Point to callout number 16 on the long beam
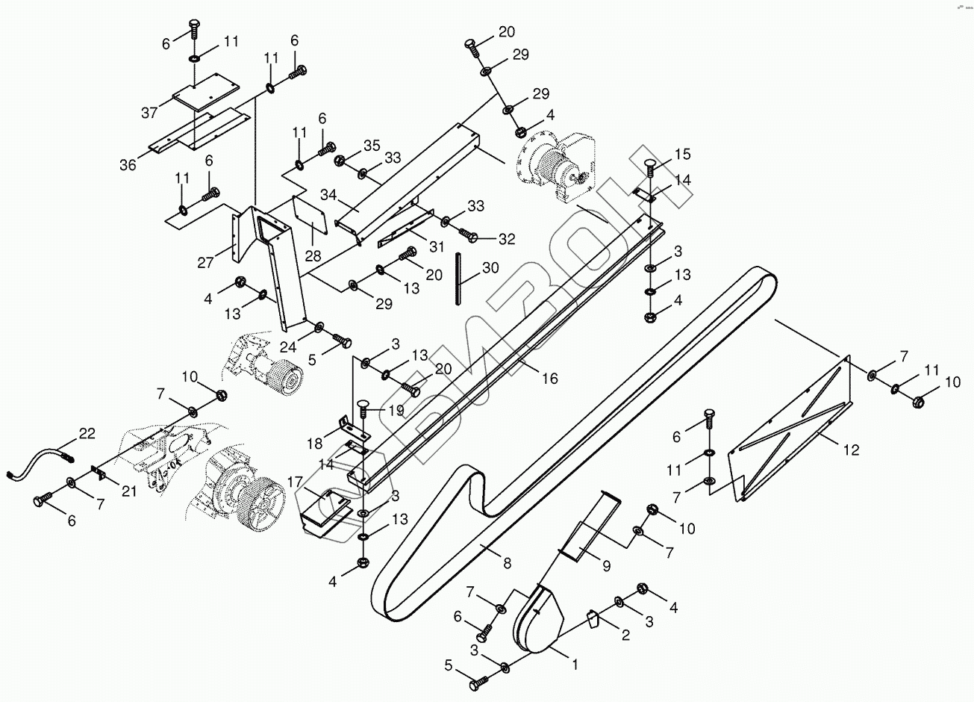[x=549, y=379]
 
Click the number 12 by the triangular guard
[x=851, y=450]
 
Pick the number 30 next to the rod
[x=490, y=267]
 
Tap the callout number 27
[x=206, y=262]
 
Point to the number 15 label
[x=683, y=155]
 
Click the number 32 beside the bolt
[x=507, y=239]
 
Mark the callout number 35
[x=372, y=145]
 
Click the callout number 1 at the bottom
[x=575, y=662]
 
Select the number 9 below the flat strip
[x=606, y=566]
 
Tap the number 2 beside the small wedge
[x=625, y=635]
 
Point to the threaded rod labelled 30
[x=456, y=279]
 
